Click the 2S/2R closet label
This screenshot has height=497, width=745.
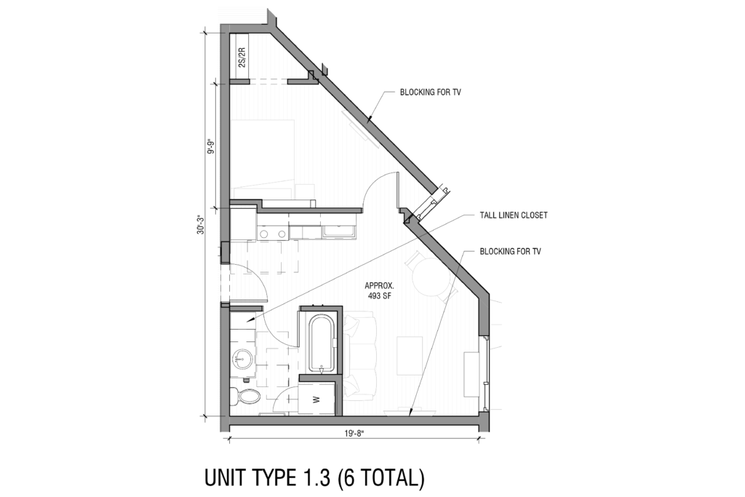click(242, 57)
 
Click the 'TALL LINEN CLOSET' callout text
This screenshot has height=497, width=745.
click(513, 215)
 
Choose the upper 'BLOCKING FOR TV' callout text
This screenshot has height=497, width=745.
click(431, 93)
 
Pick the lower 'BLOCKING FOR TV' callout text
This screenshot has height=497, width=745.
click(510, 251)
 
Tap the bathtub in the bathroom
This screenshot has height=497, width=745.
click(320, 342)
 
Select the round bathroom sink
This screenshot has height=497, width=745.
click(242, 359)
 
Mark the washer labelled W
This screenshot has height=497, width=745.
click(316, 399)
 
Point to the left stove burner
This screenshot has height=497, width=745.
click(264, 234)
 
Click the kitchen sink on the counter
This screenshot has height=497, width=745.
click(339, 232)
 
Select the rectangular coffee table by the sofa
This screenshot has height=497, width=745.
click(410, 354)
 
